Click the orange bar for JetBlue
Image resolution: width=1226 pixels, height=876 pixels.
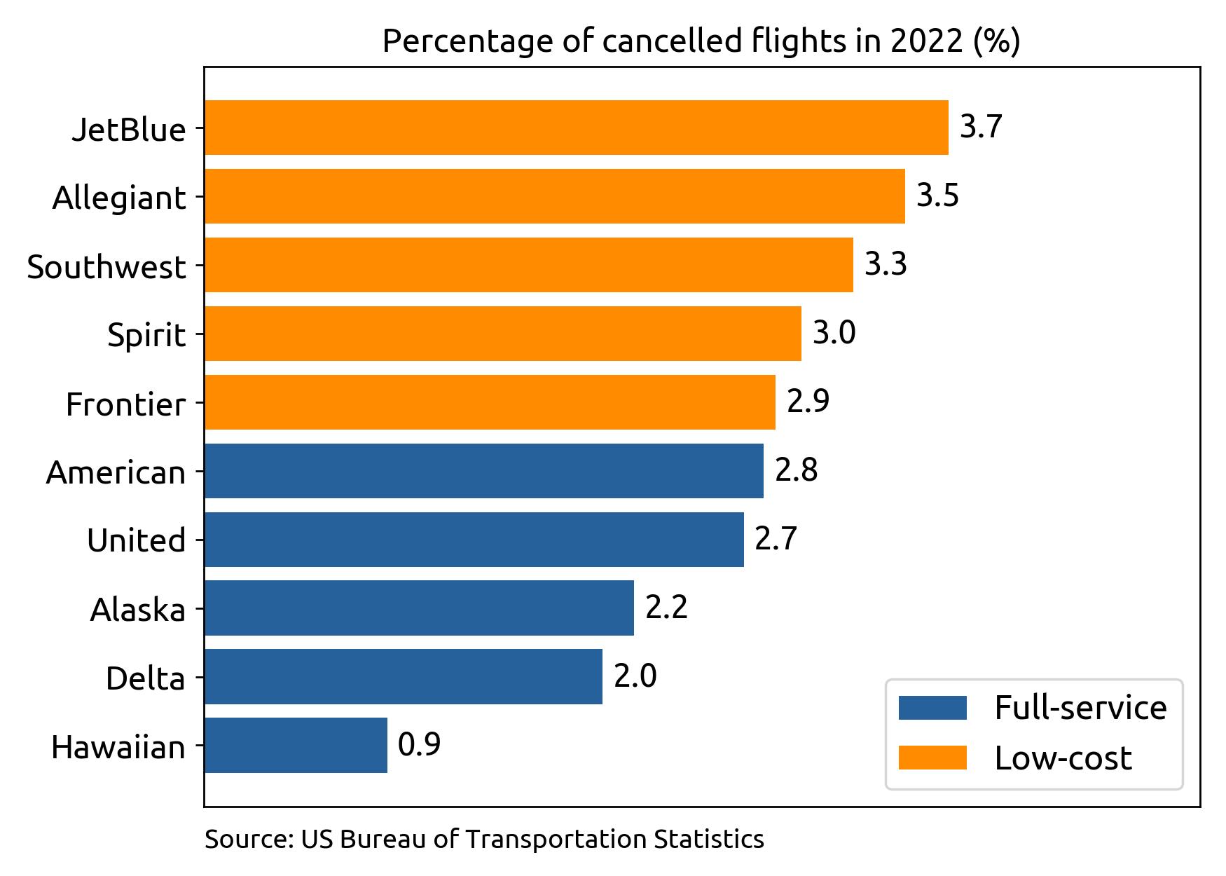tap(576, 128)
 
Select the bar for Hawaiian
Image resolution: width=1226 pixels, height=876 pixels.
tap(296, 745)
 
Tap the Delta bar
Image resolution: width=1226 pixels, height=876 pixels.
tap(403, 676)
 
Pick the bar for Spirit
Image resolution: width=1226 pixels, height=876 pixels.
tap(502, 334)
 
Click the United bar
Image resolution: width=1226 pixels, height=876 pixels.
tap(474, 539)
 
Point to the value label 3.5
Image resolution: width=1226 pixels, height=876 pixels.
tap(937, 196)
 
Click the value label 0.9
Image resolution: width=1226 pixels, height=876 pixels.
tap(419, 744)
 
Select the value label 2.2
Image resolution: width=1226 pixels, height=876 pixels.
tap(666, 607)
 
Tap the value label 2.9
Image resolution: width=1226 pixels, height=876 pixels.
tap(808, 401)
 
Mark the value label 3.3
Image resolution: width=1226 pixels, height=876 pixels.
tap(886, 264)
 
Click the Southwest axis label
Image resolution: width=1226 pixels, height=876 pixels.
tap(106, 267)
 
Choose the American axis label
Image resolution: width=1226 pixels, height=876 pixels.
tap(116, 473)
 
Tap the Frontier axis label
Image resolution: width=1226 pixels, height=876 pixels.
tap(126, 404)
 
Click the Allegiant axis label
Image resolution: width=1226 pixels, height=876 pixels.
tap(119, 198)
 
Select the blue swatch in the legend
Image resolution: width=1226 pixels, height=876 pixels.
tap(932, 708)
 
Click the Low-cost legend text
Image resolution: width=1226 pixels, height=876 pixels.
tap(1063, 758)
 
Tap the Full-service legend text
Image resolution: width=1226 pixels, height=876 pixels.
tap(1080, 708)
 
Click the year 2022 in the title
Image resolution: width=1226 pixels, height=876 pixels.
tap(926, 42)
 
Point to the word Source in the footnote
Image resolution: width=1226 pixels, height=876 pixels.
tap(247, 839)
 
